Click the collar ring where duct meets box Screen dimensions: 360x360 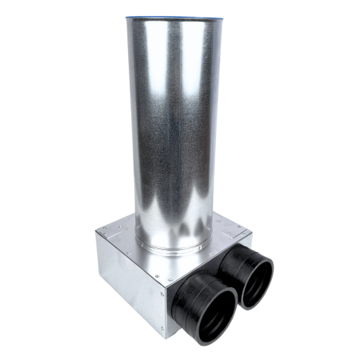tap(173, 247)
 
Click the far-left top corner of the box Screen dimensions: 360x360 tap(96, 232)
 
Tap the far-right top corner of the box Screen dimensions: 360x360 tap(250, 232)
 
